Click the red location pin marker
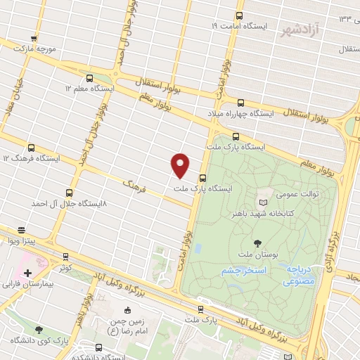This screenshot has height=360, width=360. pyautogui.click(x=181, y=165)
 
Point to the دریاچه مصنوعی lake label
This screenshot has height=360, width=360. pyautogui.click(x=303, y=275)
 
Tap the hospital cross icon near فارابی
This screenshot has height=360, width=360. pyautogui.click(x=27, y=273)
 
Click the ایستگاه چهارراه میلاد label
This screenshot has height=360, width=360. pyautogui.click(x=241, y=112)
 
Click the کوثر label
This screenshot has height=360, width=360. pyautogui.click(x=66, y=268)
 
